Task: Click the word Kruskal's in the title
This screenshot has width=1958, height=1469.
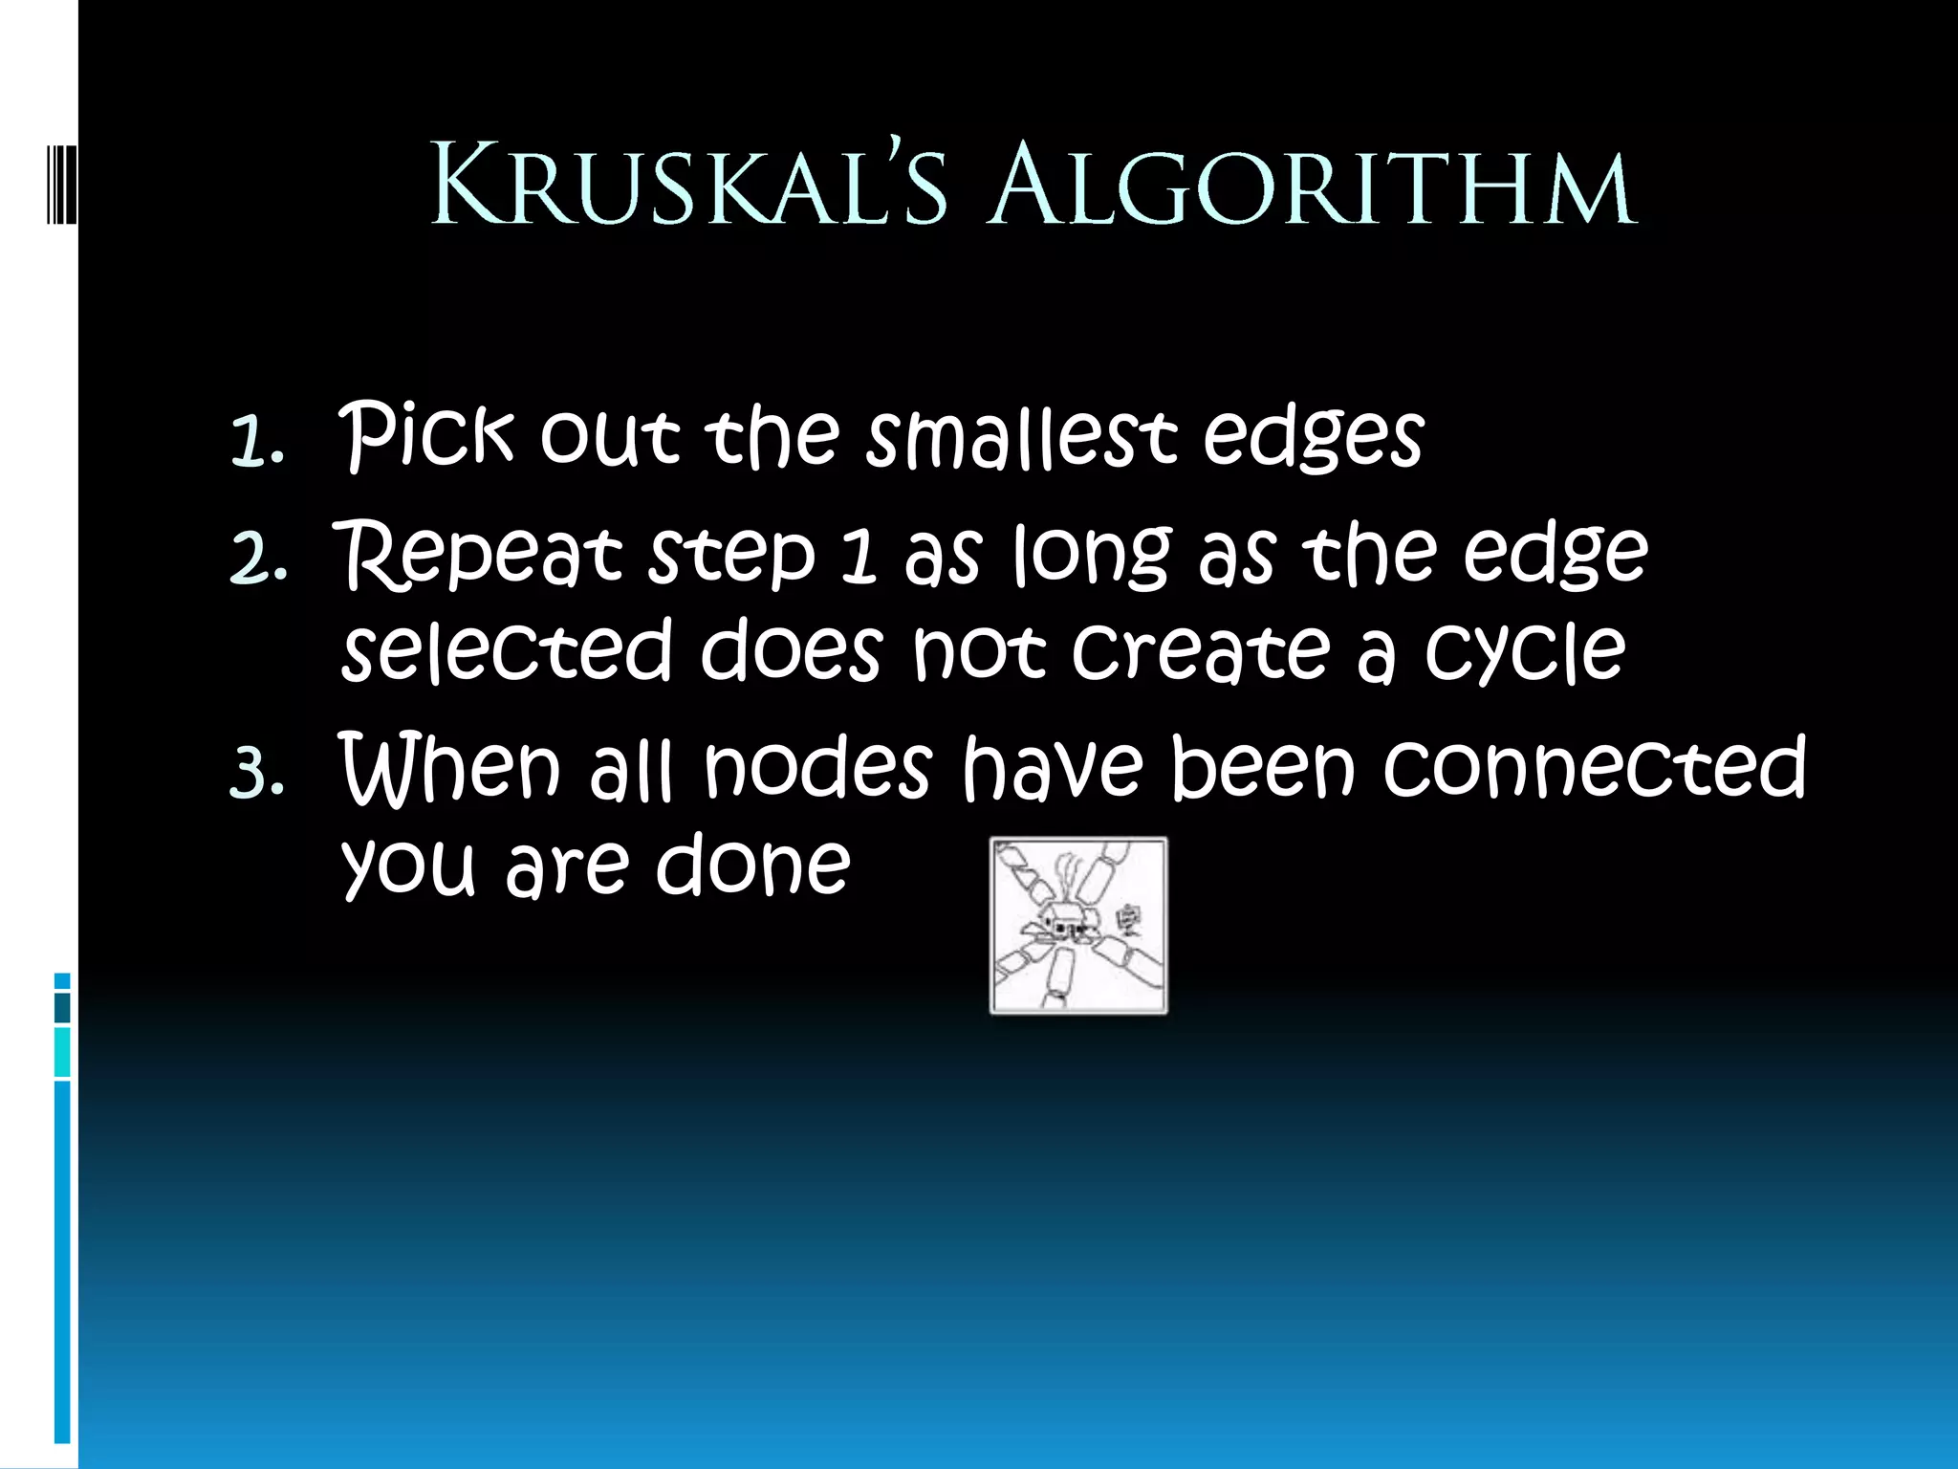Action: point(689,185)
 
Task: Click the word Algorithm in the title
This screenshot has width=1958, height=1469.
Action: point(1313,185)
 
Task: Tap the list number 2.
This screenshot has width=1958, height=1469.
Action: point(258,559)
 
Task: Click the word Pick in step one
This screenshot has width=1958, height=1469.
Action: point(426,436)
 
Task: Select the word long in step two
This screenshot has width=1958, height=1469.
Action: point(1091,557)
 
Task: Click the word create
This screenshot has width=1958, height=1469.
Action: point(1201,650)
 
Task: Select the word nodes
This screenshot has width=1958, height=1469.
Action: point(817,767)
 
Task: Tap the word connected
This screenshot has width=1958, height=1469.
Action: point(1595,767)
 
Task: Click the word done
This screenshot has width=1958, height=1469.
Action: point(752,865)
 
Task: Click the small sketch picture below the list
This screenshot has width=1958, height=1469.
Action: point(1078,925)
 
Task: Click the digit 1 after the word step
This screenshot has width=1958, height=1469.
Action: point(859,557)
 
